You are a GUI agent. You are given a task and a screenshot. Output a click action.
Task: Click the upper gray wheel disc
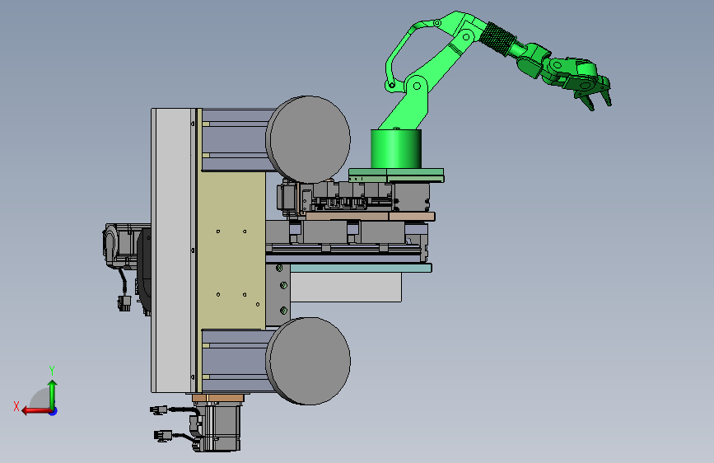point(308,139)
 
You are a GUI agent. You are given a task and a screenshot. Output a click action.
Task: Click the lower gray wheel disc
point(308,361)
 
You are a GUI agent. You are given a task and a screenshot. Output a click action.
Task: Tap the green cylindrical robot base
point(395,149)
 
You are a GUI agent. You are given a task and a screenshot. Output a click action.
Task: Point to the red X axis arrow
point(36,411)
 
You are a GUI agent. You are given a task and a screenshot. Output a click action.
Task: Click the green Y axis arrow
point(53,395)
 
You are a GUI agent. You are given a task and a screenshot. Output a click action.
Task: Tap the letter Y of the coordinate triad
point(52,370)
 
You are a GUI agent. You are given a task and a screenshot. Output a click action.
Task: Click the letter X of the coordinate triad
point(16,406)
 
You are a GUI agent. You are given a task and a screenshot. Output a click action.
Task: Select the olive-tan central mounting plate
point(231,250)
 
